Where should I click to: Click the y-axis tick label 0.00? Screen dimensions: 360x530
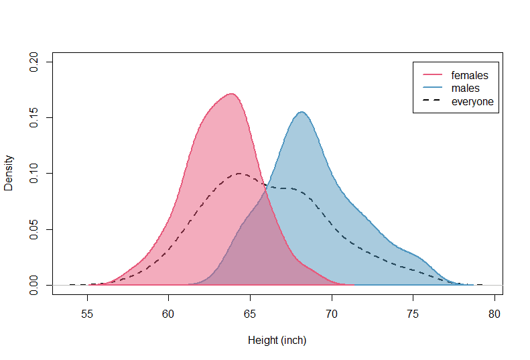(34, 286)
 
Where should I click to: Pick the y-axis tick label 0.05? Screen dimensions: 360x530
(34, 230)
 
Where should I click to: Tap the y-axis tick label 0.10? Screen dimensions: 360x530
(34, 174)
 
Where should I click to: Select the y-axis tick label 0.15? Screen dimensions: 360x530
(34, 118)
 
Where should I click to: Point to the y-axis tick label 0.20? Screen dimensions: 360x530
(34, 62)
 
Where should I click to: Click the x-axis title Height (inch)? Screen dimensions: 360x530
(277, 341)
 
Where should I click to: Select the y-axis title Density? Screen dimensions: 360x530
(9, 174)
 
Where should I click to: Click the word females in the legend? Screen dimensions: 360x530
(470, 75)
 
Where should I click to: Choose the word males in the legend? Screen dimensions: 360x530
(465, 88)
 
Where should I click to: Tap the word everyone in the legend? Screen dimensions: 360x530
(472, 102)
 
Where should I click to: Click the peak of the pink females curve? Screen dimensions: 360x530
(231, 94)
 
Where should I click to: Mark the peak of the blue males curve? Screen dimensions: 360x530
(302, 112)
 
